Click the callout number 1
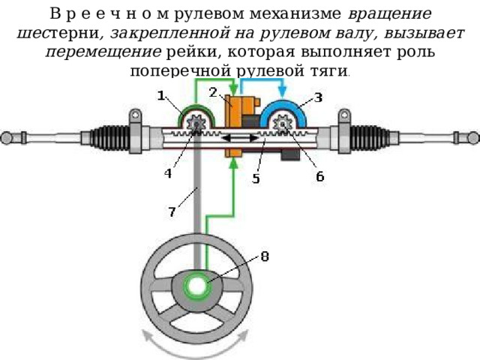pyautogui.click(x=161, y=96)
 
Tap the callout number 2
pyautogui.click(x=213, y=92)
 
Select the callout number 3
pyautogui.click(x=318, y=97)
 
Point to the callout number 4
pyautogui.click(x=168, y=173)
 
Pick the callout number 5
pyautogui.click(x=256, y=178)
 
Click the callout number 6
pyautogui.click(x=320, y=176)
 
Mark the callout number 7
pyautogui.click(x=172, y=211)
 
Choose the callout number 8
pyautogui.click(x=265, y=256)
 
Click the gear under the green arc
pyautogui.click(x=196, y=124)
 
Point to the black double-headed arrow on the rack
pyautogui.click(x=240, y=138)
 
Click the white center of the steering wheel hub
pyautogui.click(x=197, y=286)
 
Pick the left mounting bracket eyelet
pyautogui.click(x=135, y=115)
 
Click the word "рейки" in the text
pyautogui.click(x=192, y=52)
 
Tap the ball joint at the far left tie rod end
pyautogui.click(x=7, y=138)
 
